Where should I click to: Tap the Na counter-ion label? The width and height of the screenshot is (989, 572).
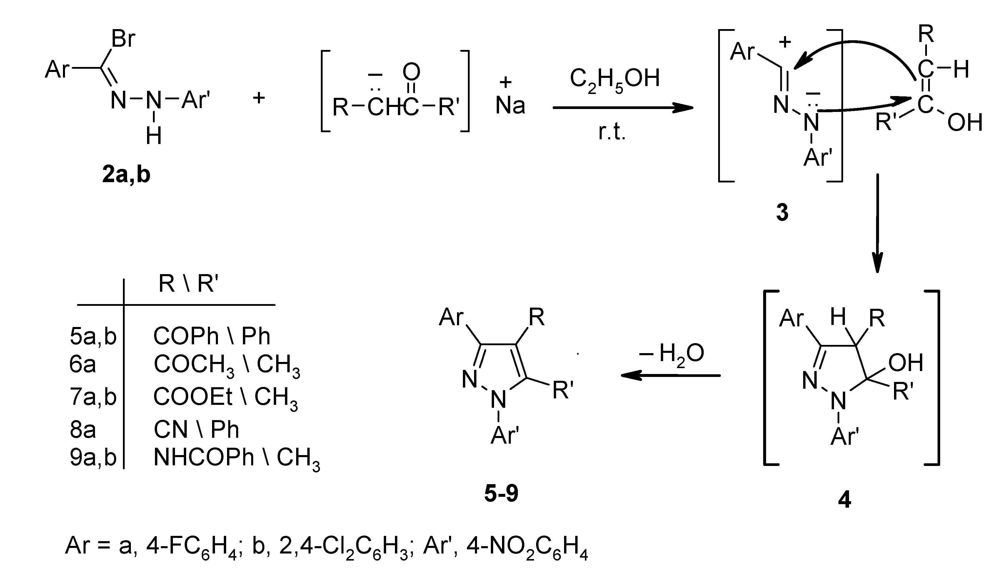coord(510,105)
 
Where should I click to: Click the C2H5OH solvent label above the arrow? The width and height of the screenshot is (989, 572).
coord(615,79)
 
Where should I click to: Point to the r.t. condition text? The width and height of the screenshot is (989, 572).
coord(612,132)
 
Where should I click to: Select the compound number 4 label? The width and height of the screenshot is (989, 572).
coord(844,500)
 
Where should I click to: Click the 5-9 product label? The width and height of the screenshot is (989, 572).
coord(501,493)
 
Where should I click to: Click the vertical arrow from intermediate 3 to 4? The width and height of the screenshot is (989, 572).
coord(877,224)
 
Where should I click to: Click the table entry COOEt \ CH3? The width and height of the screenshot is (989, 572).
coord(225,397)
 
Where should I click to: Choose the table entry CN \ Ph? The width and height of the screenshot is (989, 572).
coord(196,430)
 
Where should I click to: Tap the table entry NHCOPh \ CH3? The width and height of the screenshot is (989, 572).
coord(237,458)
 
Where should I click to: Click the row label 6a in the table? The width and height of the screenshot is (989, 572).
coord(82,365)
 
